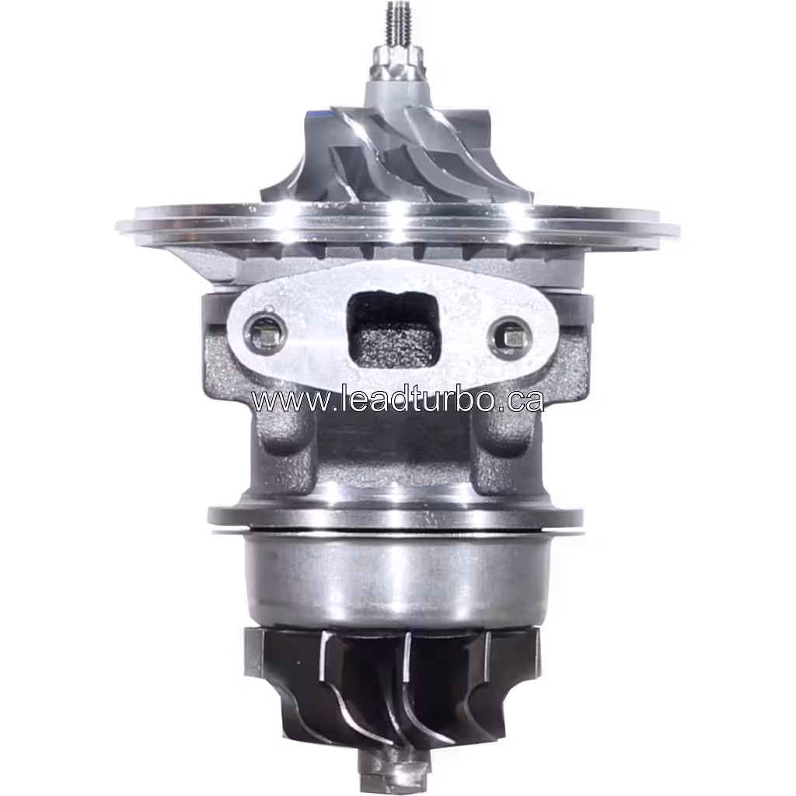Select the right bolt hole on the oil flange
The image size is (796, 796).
[511, 337]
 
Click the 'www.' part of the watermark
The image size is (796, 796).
[284, 400]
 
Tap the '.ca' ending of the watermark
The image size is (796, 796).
[521, 400]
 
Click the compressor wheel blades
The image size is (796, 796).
[389, 155]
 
